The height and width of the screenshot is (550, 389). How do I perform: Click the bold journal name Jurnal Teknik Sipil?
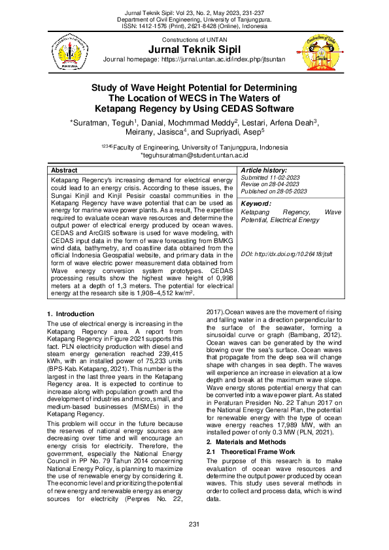(195, 50)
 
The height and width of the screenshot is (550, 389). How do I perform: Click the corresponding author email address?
(195, 155)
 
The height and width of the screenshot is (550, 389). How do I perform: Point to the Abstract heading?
(64, 169)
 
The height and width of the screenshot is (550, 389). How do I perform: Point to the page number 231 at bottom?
(194, 525)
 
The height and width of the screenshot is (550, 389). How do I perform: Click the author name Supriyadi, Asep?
(235, 131)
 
